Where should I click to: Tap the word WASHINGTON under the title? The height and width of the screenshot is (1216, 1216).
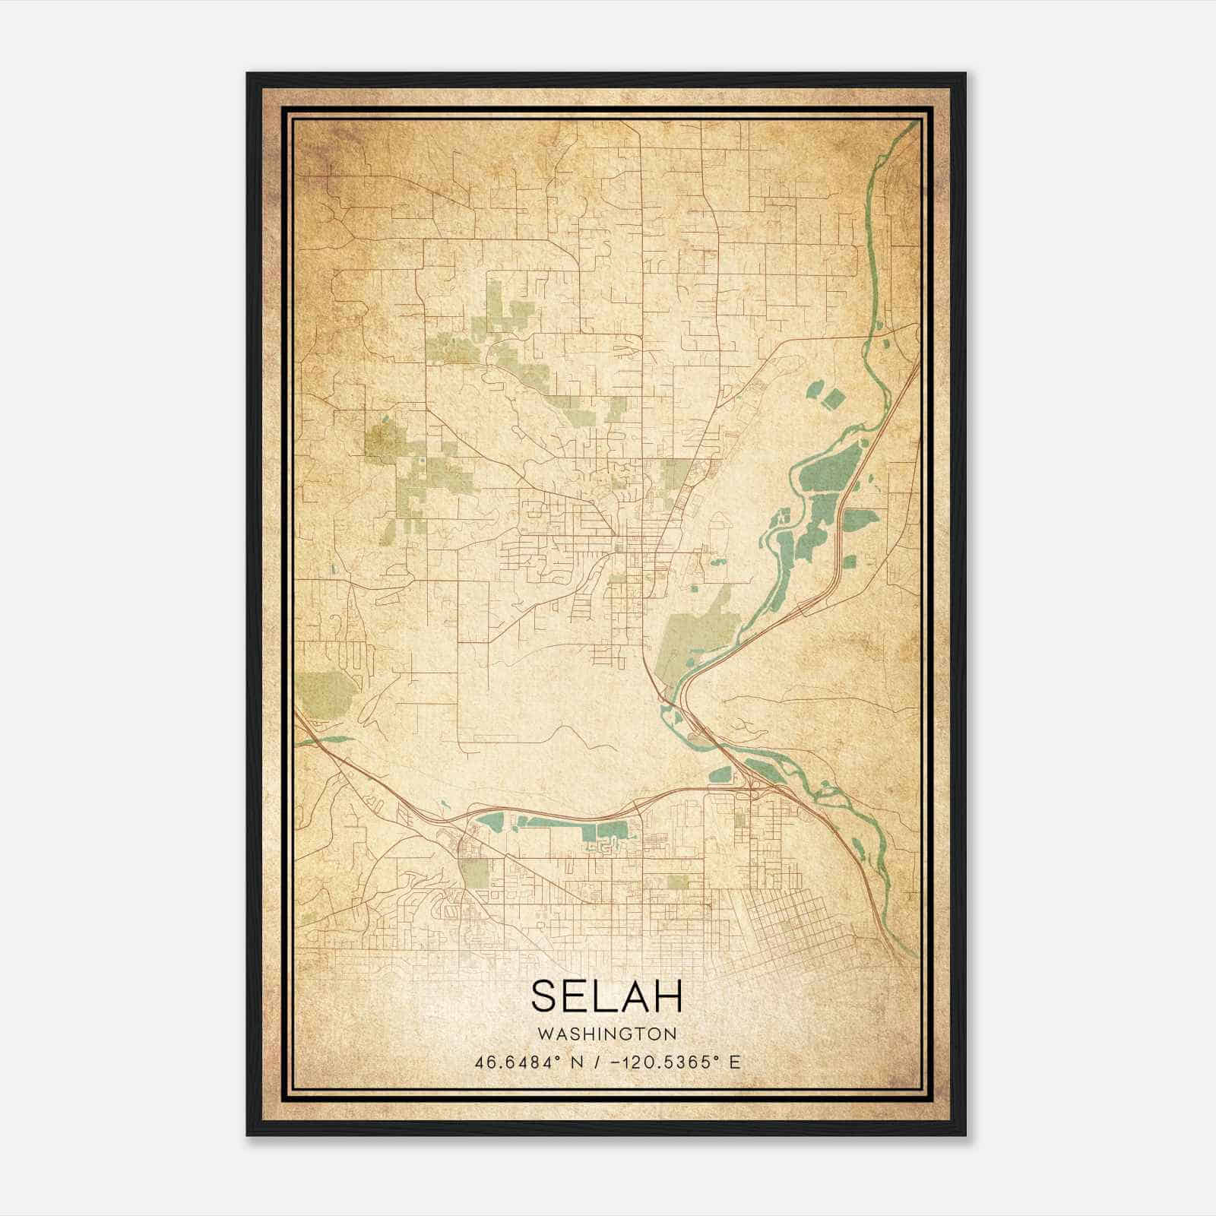[x=606, y=1034]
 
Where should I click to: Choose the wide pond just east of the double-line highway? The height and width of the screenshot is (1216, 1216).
[x=859, y=521]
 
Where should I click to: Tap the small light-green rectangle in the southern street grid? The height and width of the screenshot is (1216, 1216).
[x=677, y=882]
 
